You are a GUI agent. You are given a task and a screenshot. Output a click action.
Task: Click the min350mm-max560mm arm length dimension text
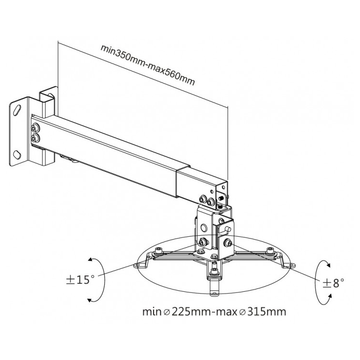coord(147,64)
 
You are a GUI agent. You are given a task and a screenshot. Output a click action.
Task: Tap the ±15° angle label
coord(80,280)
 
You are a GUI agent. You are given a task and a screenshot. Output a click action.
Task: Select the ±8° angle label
coord(334,283)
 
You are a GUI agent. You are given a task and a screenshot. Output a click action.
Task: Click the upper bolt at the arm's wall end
coord(35,128)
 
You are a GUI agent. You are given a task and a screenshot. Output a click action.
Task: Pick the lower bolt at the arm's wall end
coord(35,138)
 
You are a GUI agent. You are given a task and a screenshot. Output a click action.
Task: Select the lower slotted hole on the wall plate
coord(17,154)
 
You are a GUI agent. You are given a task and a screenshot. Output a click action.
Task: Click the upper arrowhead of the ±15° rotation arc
coord(90,259)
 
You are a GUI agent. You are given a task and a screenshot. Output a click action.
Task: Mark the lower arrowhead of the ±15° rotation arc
coord(90,300)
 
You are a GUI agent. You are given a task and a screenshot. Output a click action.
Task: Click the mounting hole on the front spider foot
coord(214,293)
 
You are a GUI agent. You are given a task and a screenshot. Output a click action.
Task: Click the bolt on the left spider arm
coord(159,251)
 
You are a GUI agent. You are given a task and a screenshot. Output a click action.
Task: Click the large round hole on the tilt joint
coord(204,228)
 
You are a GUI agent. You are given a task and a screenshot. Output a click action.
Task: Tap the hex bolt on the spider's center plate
coord(201,252)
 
